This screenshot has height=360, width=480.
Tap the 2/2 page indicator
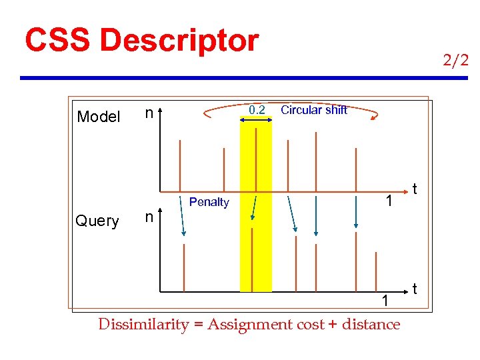[x=455, y=61]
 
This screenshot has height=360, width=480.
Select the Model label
[x=99, y=117]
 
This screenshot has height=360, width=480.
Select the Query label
[x=97, y=221]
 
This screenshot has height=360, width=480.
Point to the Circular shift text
[x=314, y=110]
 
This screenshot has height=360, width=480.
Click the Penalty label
[x=209, y=202]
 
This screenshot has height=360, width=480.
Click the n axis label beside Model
[x=151, y=113]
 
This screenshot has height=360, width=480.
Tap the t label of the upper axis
[x=415, y=189]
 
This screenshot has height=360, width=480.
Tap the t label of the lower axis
[x=415, y=289]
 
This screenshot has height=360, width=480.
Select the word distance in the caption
[x=371, y=325]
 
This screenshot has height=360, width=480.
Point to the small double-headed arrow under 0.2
[x=256, y=119]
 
